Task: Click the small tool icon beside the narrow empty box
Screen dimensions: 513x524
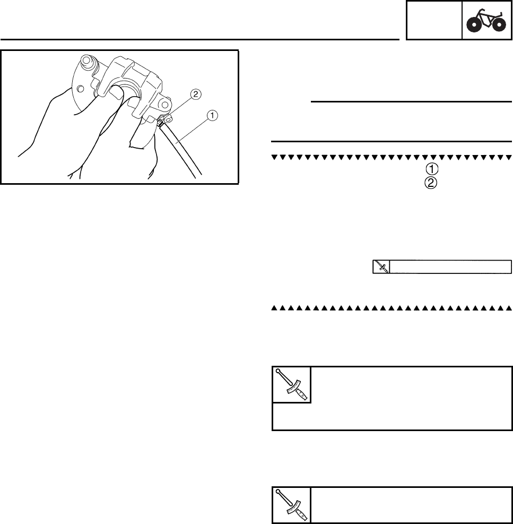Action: (381, 267)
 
